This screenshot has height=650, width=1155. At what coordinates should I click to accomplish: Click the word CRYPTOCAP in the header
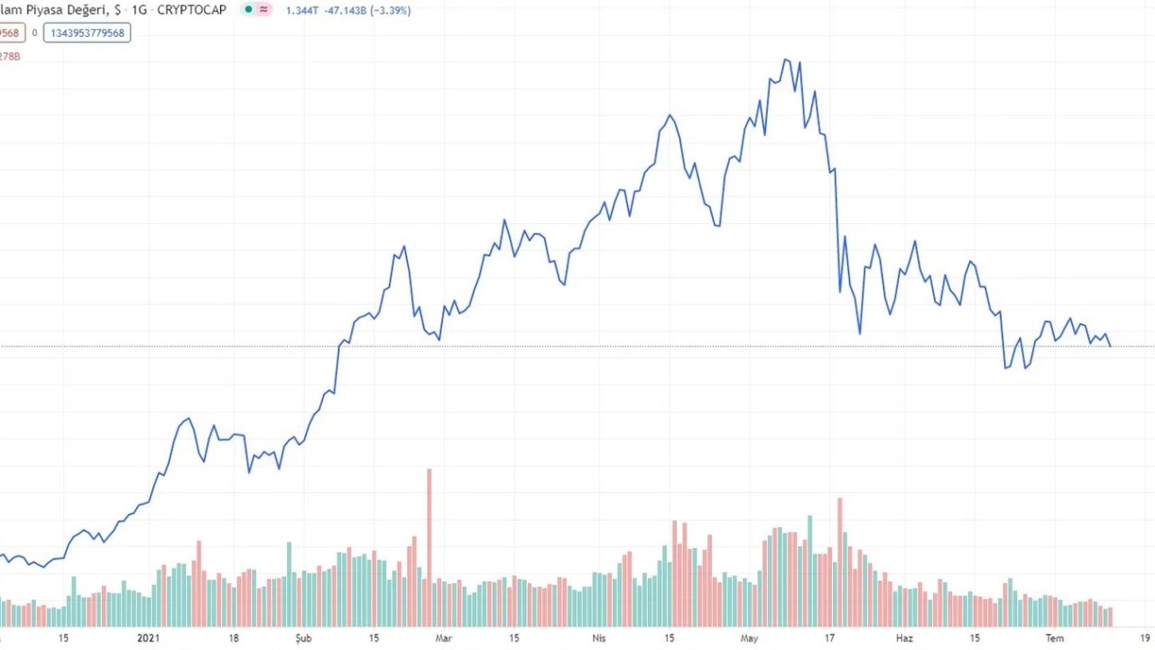click(192, 10)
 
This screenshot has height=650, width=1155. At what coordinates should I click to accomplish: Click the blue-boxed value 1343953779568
click(87, 33)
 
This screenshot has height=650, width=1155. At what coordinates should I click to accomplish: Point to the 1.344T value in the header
click(300, 11)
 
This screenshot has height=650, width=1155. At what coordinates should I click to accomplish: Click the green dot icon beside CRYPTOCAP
click(248, 10)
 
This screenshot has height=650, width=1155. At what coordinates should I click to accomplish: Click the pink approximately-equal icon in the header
click(263, 10)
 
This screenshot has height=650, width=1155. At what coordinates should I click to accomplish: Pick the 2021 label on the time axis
click(148, 638)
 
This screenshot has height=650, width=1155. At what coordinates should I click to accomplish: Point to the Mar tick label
click(443, 638)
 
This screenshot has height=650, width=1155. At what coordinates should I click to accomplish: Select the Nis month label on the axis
click(598, 638)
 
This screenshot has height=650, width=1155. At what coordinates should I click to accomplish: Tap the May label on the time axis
click(749, 638)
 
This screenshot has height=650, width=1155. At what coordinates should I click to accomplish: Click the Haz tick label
click(904, 638)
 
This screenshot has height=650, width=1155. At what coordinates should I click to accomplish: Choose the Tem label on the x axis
click(1054, 638)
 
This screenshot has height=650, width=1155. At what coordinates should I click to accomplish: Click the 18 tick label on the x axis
click(234, 638)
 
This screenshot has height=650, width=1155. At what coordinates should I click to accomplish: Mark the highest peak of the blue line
click(787, 60)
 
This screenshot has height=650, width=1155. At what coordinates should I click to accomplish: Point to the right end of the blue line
click(1111, 346)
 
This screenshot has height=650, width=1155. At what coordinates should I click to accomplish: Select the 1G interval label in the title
click(139, 10)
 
